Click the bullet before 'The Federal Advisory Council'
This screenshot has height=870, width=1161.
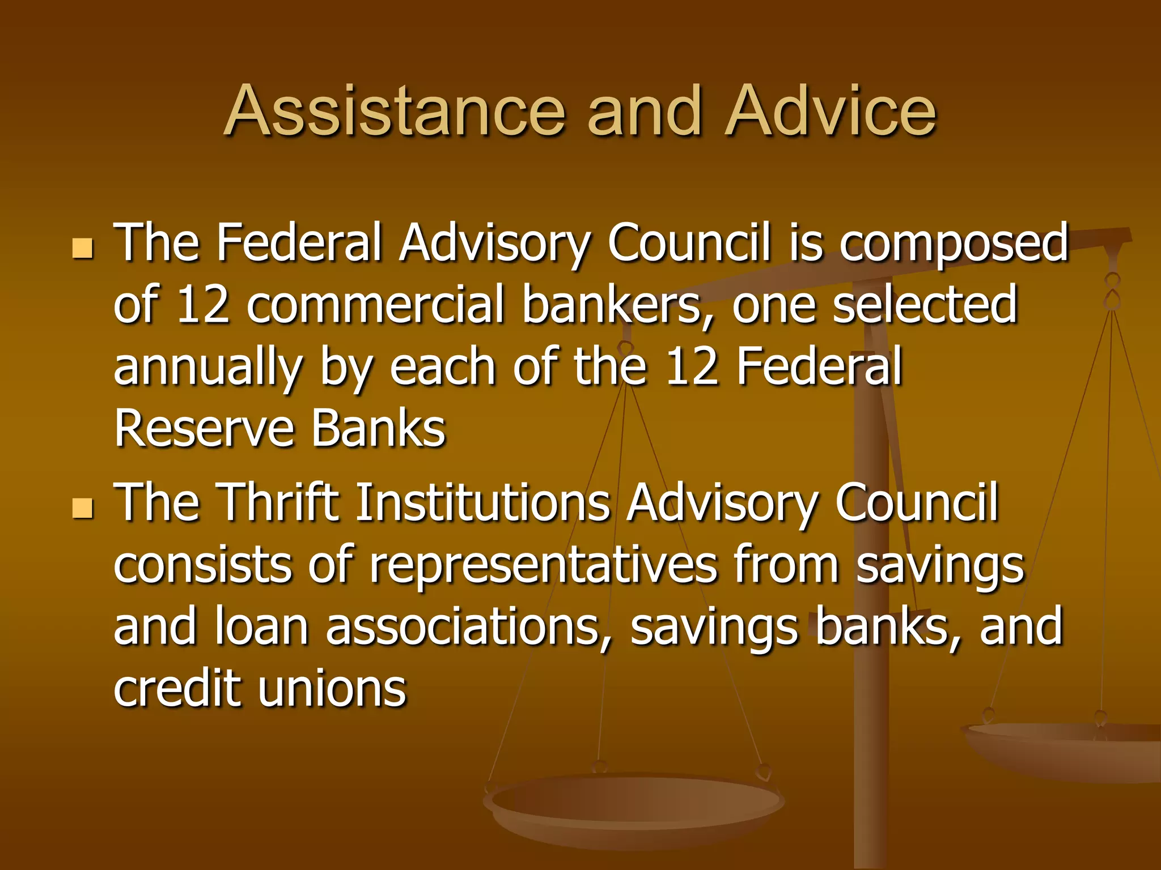pos(83,249)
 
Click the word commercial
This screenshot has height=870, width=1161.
pos(375,306)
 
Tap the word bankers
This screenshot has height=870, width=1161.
pos(617,306)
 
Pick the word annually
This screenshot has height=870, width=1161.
pos(208,368)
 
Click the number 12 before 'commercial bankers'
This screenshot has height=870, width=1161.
pos(202,306)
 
